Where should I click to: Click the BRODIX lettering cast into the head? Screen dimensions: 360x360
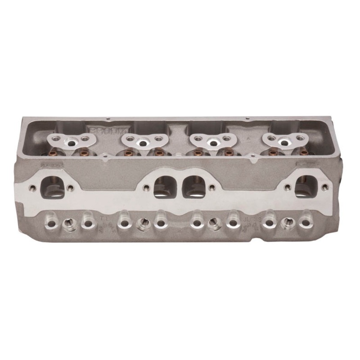(x=103, y=130)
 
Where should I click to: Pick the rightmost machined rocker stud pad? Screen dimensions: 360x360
(x=284, y=141)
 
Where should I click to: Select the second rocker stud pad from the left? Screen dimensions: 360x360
(x=143, y=142)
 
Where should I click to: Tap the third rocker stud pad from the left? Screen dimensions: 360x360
(x=212, y=142)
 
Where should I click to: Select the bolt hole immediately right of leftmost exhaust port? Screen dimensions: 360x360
(x=71, y=188)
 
